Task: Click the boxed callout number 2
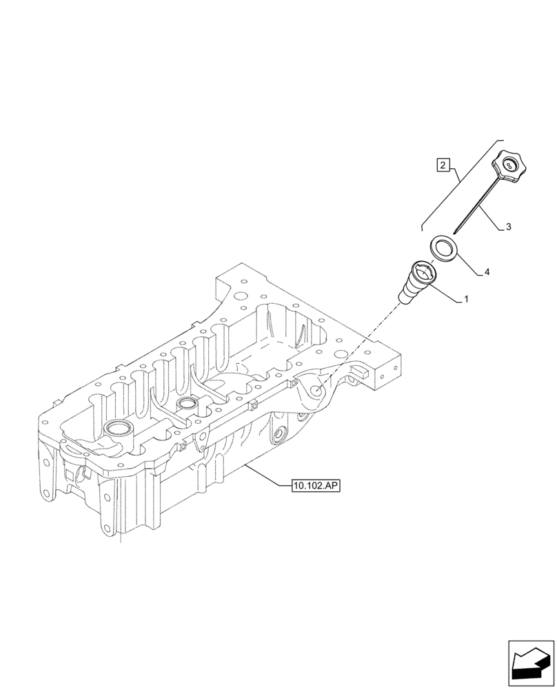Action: click(444, 165)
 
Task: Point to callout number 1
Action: click(466, 300)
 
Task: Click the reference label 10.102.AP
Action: click(316, 486)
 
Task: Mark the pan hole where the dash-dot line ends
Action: click(317, 391)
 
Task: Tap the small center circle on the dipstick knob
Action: click(509, 165)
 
